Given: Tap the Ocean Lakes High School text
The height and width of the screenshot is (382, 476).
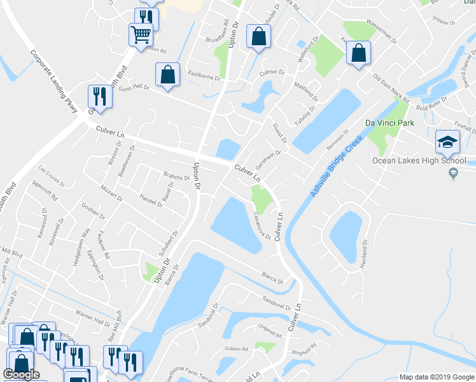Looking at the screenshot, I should click(x=419, y=161).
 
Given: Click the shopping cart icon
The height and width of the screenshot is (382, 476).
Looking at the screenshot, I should click(x=140, y=34).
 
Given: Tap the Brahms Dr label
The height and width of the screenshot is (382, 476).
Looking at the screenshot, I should click(x=176, y=176).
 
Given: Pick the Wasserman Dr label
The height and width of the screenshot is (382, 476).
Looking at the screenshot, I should click(x=382, y=29).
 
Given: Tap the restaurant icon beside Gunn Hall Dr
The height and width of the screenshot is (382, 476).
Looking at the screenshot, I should click(x=100, y=95).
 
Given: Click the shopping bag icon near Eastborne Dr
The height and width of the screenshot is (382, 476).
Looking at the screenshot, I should click(x=167, y=74).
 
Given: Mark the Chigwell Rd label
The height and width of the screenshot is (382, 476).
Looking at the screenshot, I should click(x=269, y=332).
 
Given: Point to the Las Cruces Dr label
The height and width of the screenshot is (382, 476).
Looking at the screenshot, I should click(x=52, y=175).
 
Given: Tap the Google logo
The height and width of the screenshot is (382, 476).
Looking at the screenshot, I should click(x=21, y=374).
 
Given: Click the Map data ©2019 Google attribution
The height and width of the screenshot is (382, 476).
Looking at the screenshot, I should click(x=436, y=377).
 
